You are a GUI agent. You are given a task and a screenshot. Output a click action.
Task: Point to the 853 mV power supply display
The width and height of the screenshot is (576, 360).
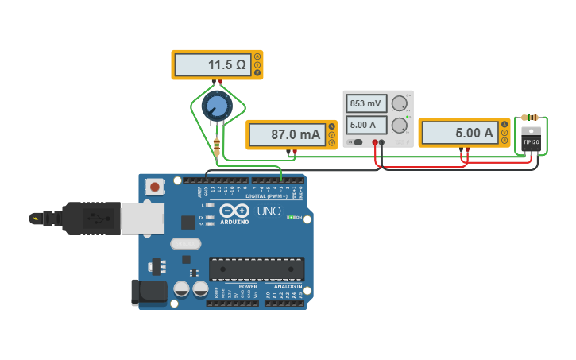coord(366,103)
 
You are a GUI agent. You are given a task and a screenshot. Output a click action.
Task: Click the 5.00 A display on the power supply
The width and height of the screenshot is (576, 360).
coord(366,125)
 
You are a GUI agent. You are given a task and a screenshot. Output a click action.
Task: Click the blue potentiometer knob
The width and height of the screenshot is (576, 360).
coord(216,105)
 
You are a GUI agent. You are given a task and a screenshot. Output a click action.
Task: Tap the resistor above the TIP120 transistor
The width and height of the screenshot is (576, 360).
coord(530,117)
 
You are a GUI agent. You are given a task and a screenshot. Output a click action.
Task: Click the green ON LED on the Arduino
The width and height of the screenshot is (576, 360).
coord(291,217)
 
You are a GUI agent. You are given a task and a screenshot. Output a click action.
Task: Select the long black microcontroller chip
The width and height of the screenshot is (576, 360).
coord(257,269)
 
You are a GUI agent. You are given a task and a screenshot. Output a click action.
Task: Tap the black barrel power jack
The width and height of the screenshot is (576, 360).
coord(149,292)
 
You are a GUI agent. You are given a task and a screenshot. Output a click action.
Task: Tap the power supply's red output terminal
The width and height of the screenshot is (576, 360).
coord(374,142)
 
